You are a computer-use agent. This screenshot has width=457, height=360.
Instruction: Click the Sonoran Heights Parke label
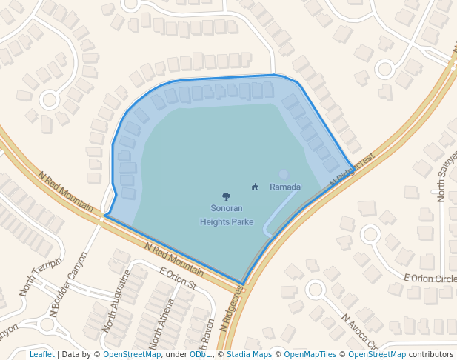tap(226, 215)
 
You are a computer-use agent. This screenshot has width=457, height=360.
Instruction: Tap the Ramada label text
tap(285, 187)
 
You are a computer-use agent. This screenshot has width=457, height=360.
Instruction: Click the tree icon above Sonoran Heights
tap(226, 196)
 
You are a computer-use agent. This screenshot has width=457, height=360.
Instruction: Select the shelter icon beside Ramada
tap(255, 187)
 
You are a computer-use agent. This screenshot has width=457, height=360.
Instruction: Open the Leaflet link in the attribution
tap(41, 354)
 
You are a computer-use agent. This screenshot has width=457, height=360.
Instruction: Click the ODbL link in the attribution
tap(200, 354)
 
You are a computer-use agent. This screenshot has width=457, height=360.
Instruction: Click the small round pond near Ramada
tap(283, 174)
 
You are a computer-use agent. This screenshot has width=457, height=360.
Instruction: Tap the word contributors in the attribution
tap(431, 354)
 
